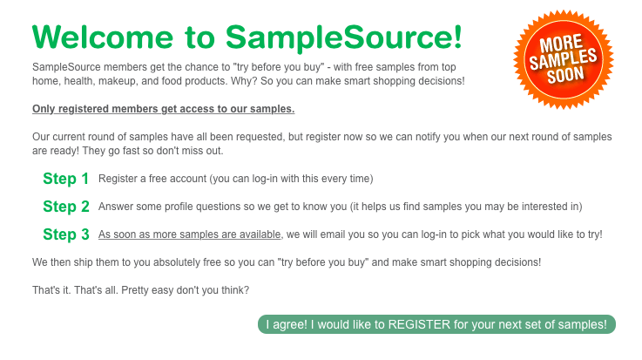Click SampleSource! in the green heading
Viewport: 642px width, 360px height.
tap(343, 37)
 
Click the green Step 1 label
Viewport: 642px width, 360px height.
tap(66, 179)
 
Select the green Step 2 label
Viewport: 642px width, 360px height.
tap(66, 207)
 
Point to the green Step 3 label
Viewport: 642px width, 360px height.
tap(66, 234)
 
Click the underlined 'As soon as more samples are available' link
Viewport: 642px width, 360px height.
tap(190, 234)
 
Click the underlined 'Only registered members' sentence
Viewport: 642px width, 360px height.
tap(163, 109)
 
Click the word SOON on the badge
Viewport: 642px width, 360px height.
tap(566, 73)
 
